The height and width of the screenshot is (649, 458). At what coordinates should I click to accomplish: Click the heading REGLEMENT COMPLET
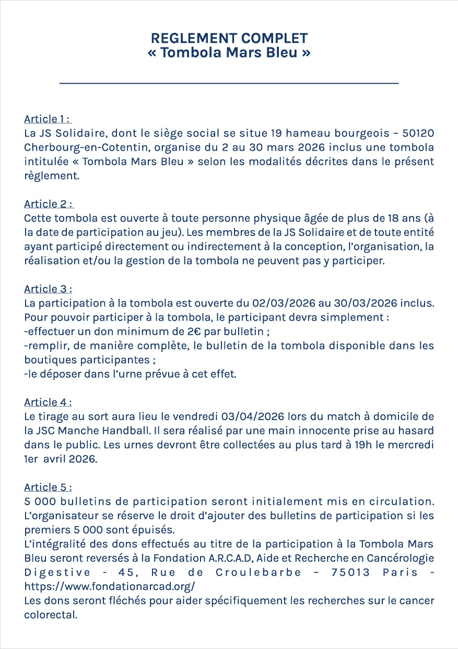click(x=229, y=38)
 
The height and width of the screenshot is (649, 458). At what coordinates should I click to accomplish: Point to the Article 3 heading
click(x=48, y=289)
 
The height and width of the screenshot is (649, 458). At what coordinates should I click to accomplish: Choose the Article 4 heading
click(x=48, y=402)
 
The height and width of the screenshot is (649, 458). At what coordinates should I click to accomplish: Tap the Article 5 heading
click(x=48, y=487)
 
